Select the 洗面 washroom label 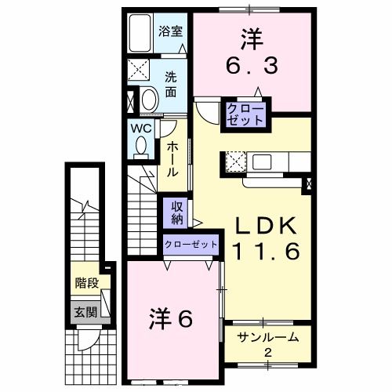coord(171,82)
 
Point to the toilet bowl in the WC coord(141,146)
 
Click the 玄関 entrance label coord(86,312)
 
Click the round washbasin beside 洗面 coord(148,100)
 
